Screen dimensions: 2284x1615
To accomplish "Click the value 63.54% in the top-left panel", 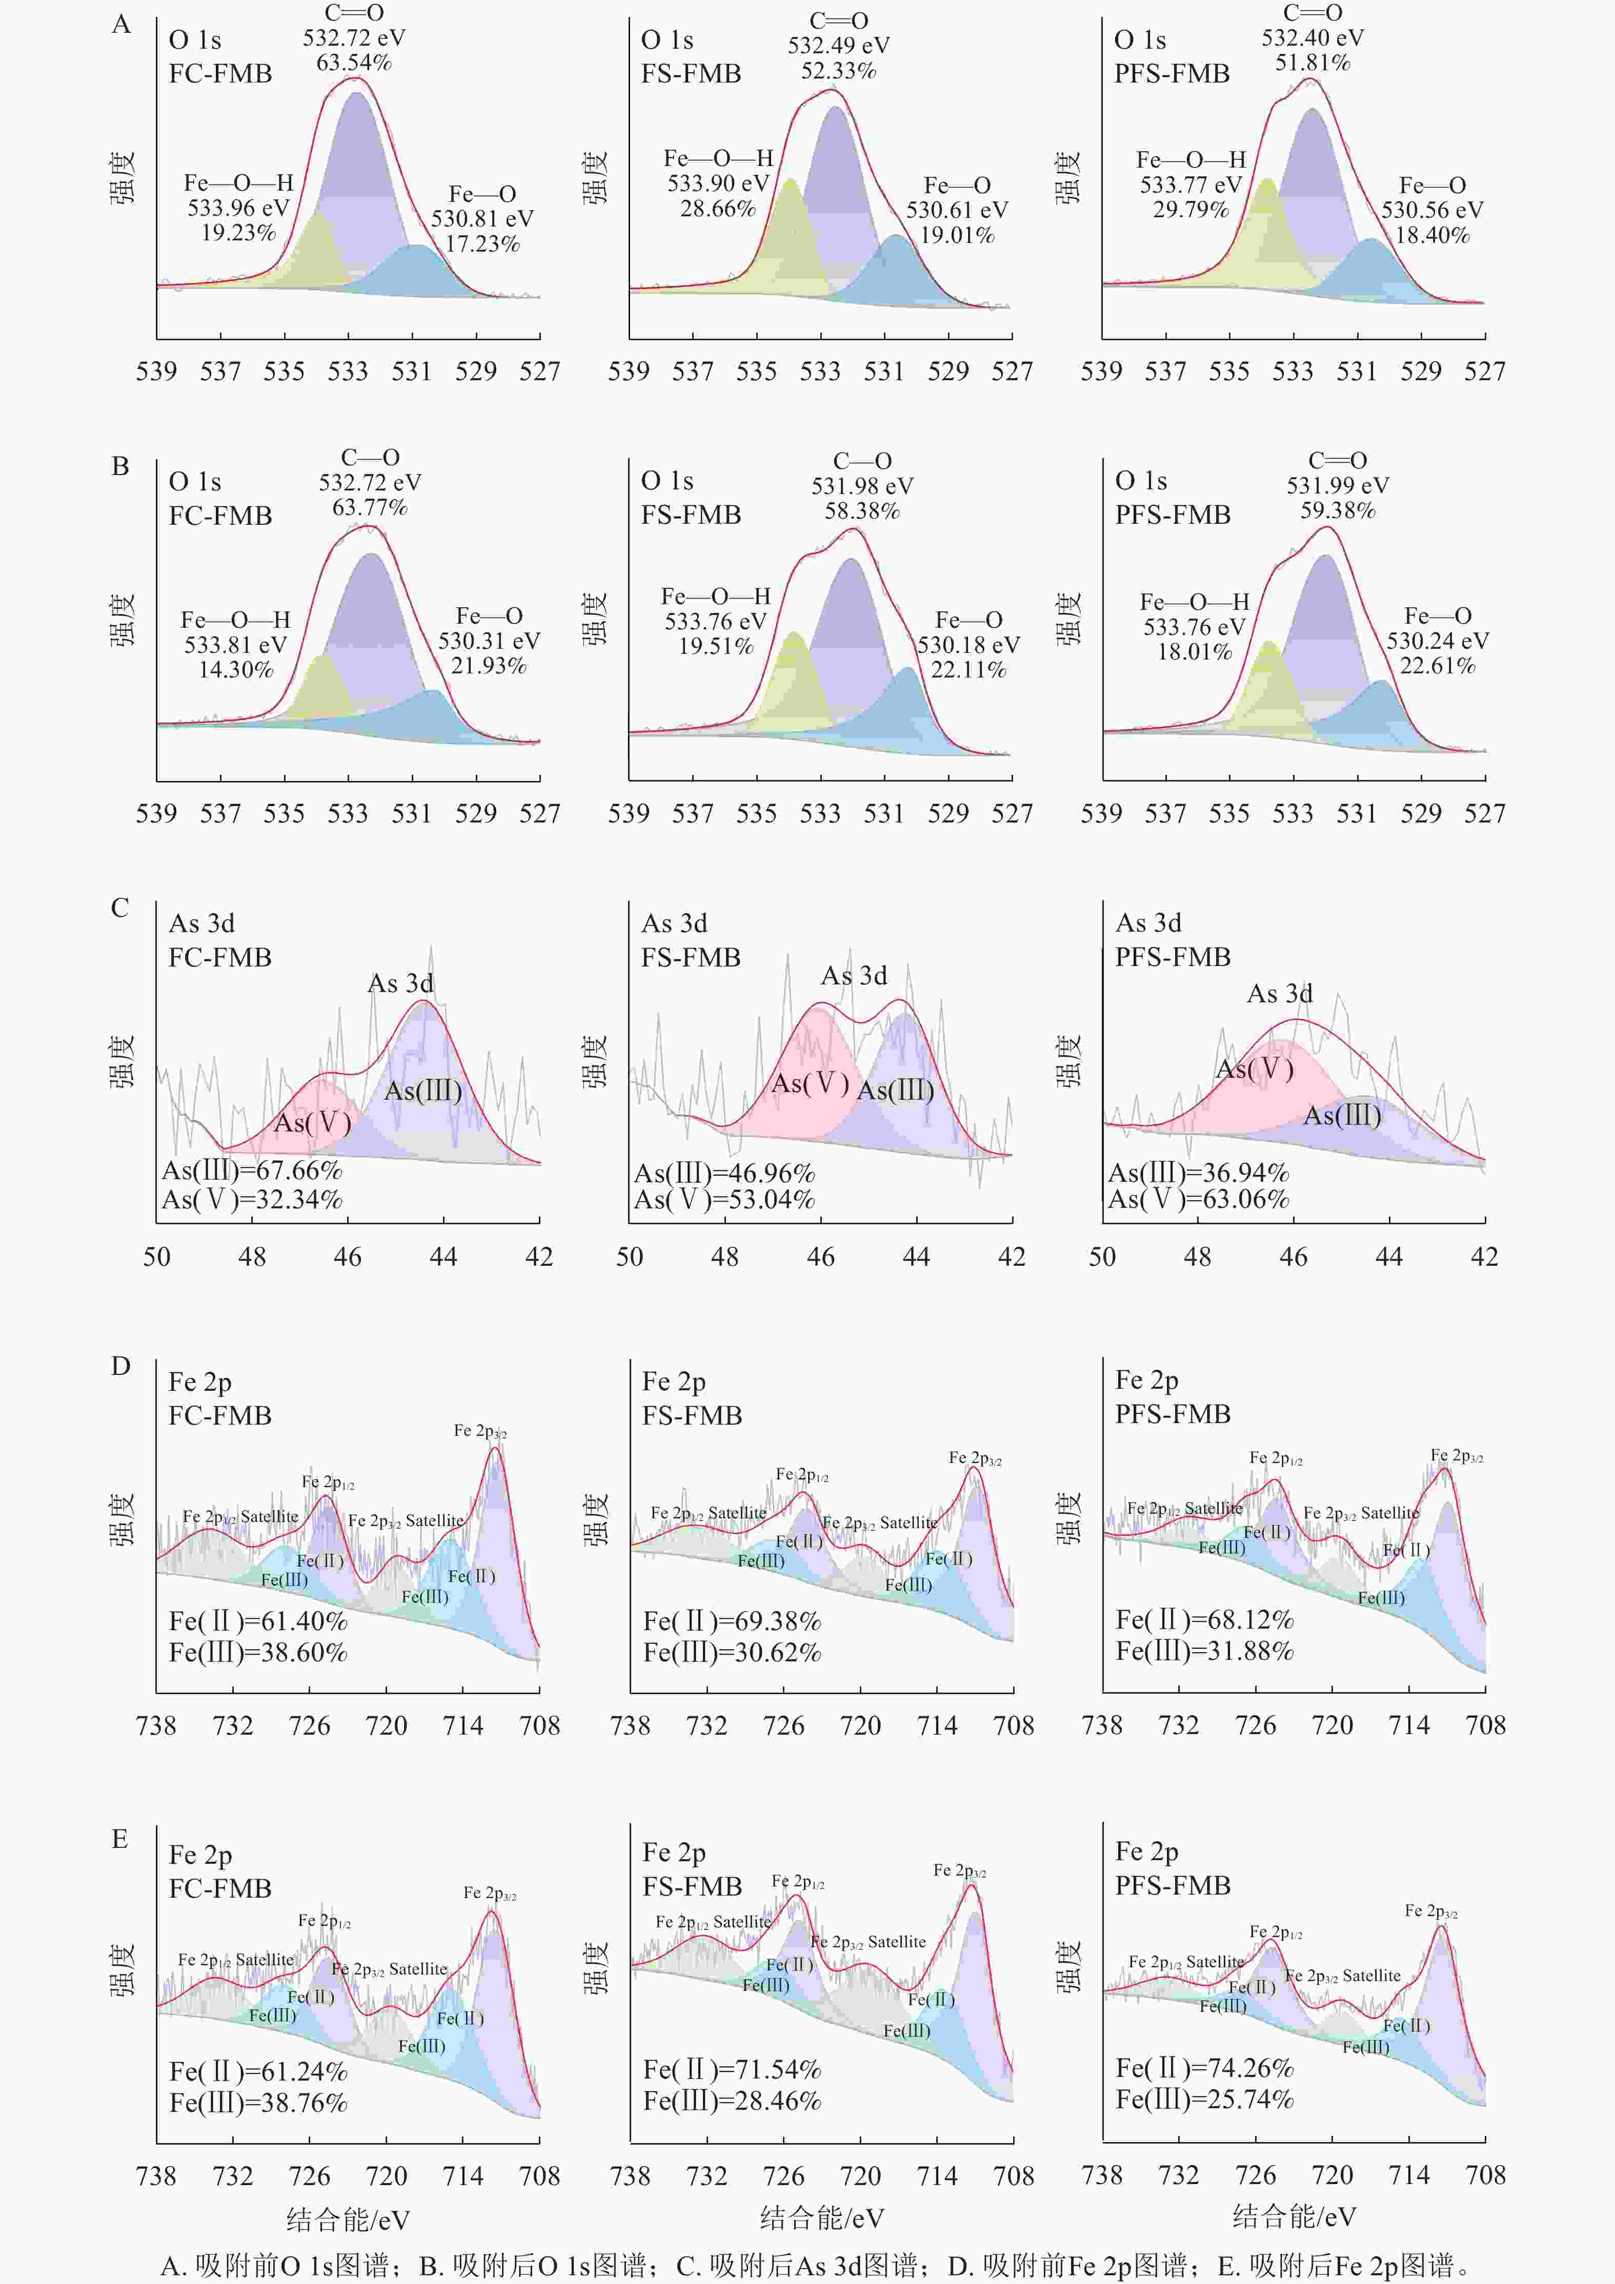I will tap(354, 63).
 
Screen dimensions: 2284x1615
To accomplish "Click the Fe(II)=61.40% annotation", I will tap(258, 1621).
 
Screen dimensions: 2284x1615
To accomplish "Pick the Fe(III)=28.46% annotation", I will tap(732, 2101).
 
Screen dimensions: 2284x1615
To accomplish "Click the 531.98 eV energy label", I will tap(862, 486).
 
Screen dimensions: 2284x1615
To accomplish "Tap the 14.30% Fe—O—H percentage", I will tap(236, 669).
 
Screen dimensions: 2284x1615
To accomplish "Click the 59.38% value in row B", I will tap(1338, 510).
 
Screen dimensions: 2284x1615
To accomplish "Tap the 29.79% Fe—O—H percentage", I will tap(1191, 209).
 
